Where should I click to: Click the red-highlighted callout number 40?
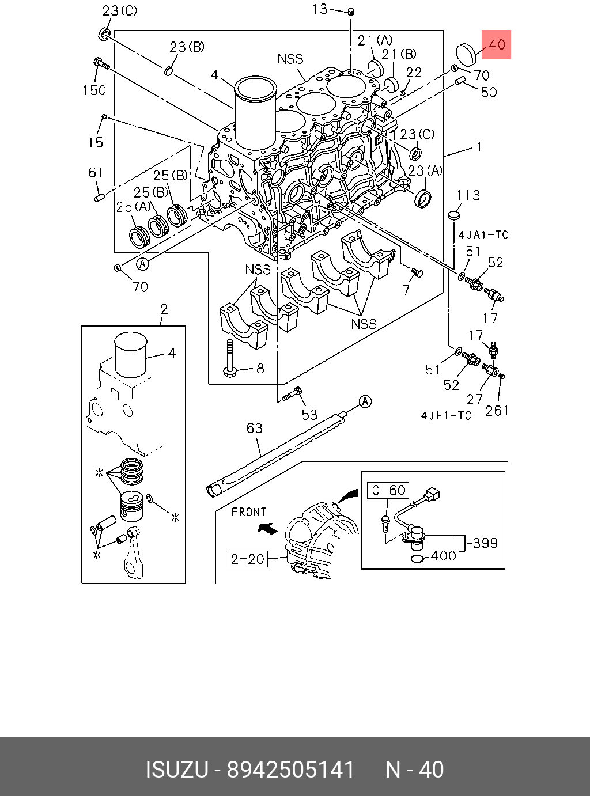[497, 44]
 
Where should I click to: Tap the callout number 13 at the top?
[320, 9]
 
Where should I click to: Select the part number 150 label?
[94, 90]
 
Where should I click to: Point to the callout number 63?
[255, 428]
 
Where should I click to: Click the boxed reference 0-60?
[388, 490]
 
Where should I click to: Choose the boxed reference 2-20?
[247, 559]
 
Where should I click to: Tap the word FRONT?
[249, 512]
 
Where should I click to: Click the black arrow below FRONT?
[268, 528]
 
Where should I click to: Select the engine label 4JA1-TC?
[483, 235]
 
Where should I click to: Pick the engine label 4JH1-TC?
[446, 416]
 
